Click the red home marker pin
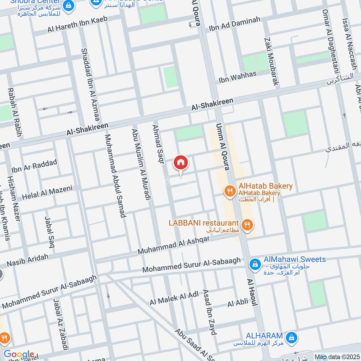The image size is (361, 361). pyautogui.click(x=180, y=162)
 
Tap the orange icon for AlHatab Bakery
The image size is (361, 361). pyautogui.click(x=230, y=192)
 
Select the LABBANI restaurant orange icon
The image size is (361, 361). pyautogui.click(x=247, y=224)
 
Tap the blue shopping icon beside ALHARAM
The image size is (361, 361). pyautogui.click(x=292, y=337)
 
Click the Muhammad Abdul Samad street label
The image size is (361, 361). pyautogui.click(x=115, y=176)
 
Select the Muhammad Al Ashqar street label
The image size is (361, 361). pyautogui.click(x=174, y=244)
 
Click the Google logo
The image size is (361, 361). pyautogui.click(x=19, y=355)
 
